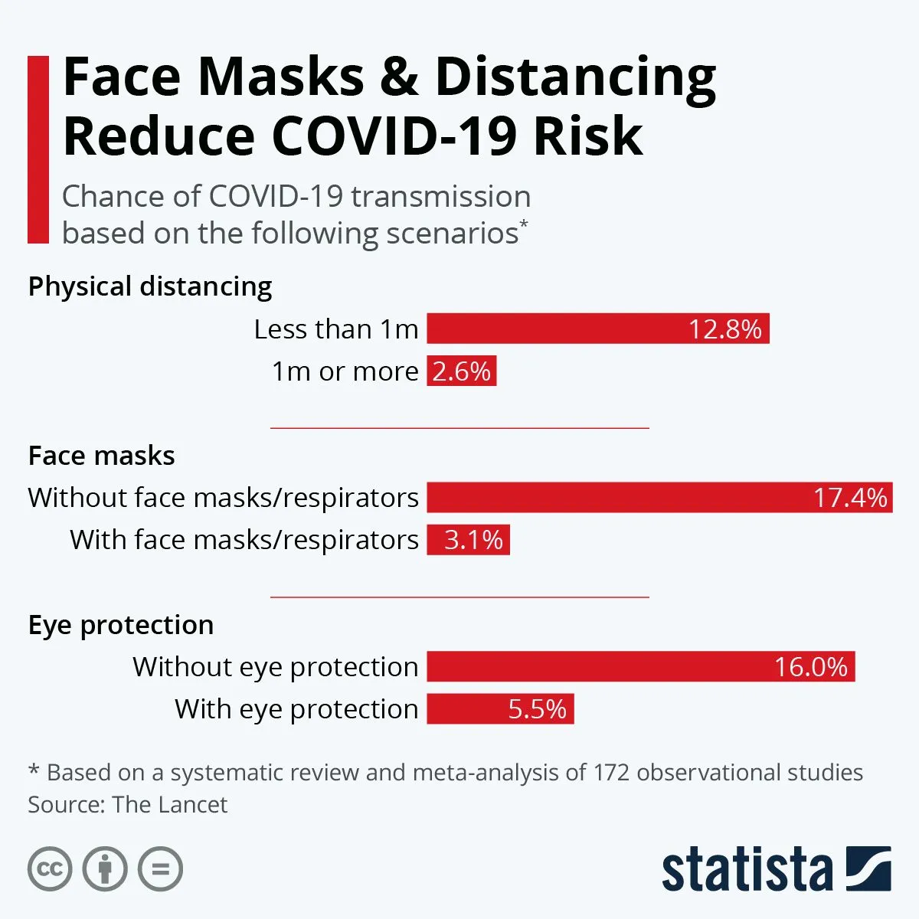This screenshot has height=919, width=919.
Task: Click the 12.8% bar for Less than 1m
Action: pyautogui.click(x=597, y=329)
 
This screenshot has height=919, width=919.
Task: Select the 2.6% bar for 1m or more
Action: pyautogui.click(x=461, y=371)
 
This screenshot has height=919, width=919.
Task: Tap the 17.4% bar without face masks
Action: pyautogui.click(x=659, y=498)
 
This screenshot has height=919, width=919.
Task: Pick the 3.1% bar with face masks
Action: pyautogui.click(x=468, y=540)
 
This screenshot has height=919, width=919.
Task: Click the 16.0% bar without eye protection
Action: pyautogui.click(x=640, y=666)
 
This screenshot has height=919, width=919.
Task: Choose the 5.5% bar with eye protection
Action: pyautogui.click(x=499, y=708)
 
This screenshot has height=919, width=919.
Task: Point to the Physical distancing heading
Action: pyautogui.click(x=150, y=286)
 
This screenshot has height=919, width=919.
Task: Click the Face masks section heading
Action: pyautogui.click(x=101, y=456)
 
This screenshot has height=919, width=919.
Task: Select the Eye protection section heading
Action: pyautogui.click(x=121, y=625)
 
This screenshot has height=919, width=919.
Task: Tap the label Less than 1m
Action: pyautogui.click(x=336, y=329)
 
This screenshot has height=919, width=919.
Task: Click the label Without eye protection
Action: pyautogui.click(x=276, y=667)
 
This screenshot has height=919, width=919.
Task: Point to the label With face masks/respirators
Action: pyautogui.click(x=244, y=540)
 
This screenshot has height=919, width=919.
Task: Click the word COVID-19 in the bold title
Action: pyautogui.click(x=394, y=136)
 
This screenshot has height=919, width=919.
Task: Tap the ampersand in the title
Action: pyautogui.click(x=399, y=77)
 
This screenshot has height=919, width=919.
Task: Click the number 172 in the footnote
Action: pyautogui.click(x=610, y=772)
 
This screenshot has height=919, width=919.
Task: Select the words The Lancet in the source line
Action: pyautogui.click(x=169, y=805)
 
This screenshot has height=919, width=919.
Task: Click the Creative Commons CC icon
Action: pyautogui.click(x=50, y=869)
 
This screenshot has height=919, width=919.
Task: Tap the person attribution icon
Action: pyautogui.click(x=105, y=869)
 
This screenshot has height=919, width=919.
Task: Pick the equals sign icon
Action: pyautogui.click(x=161, y=869)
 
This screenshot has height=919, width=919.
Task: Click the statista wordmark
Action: pyautogui.click(x=747, y=871)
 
